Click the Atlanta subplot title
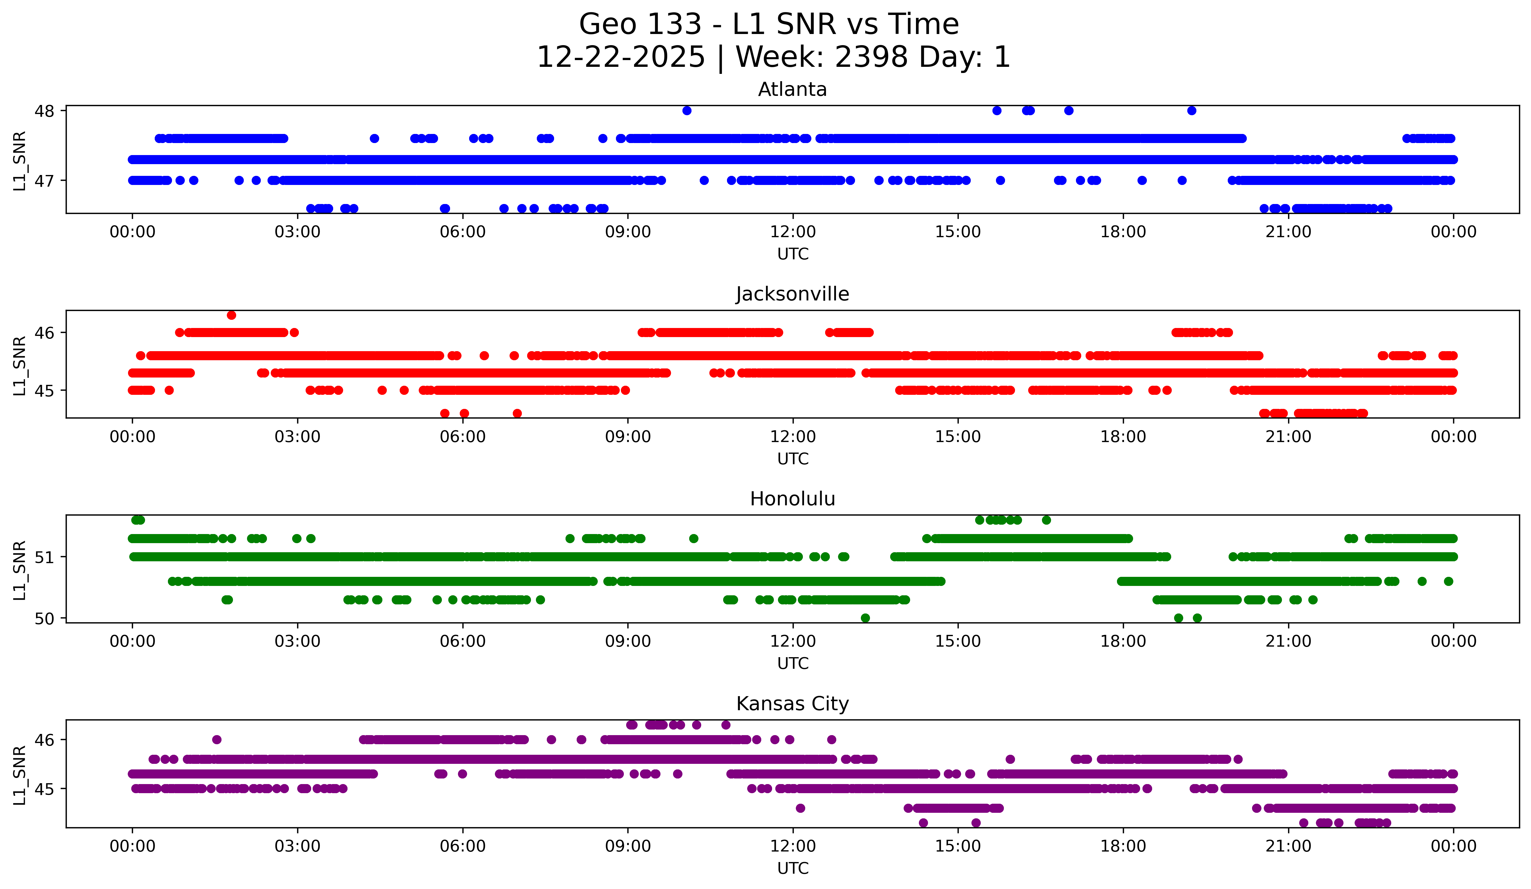coord(792,89)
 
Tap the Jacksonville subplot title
coord(792,294)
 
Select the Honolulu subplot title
coord(792,499)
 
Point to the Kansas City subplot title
coord(792,704)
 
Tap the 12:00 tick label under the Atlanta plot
coord(793,232)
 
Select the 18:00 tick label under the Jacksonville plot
coord(1123,436)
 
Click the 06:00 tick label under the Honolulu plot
coord(463,641)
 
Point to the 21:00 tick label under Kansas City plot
coord(1288,846)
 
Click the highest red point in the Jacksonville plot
coord(231,315)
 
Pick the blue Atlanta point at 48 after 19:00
coord(1192,111)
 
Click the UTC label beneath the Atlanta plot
coord(793,254)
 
